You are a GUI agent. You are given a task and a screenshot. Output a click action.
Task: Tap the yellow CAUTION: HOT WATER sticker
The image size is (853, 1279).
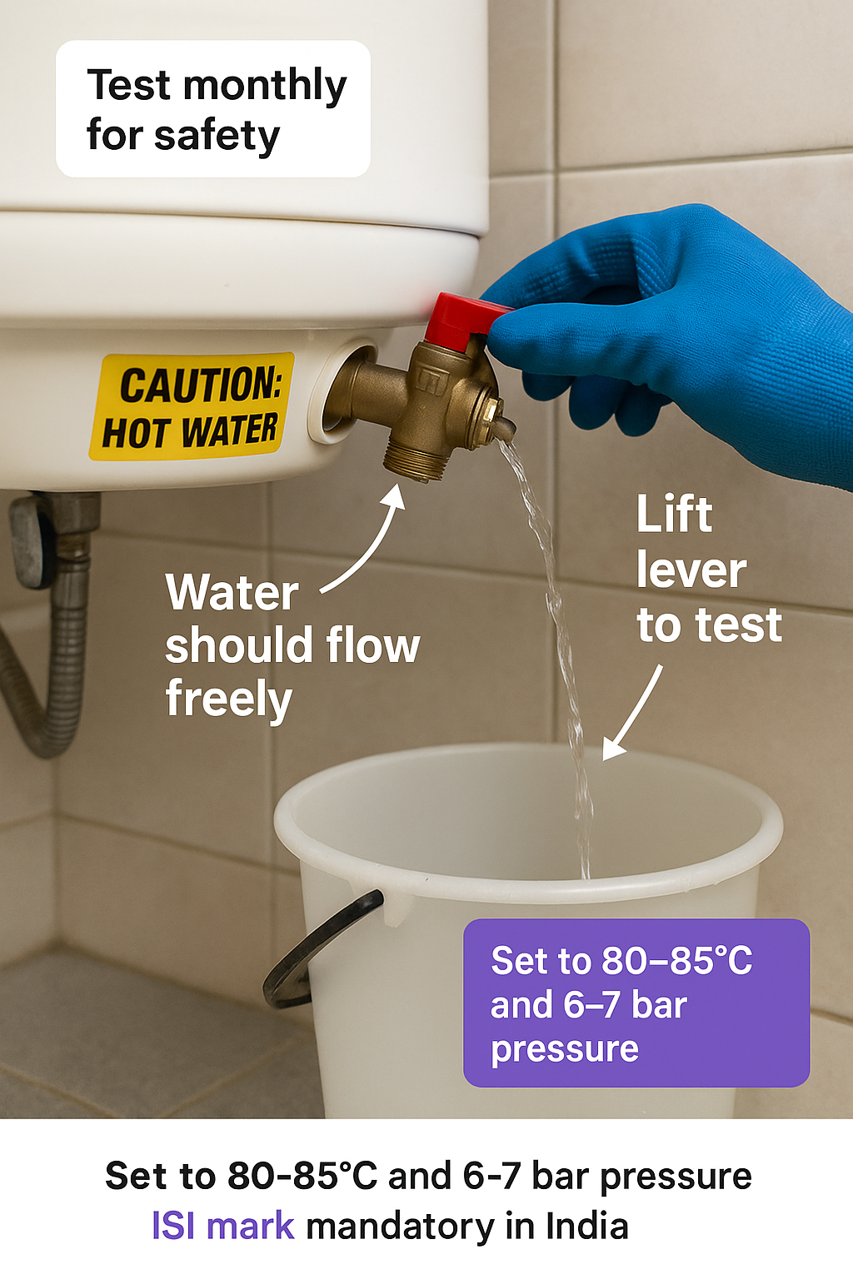pyautogui.click(x=192, y=406)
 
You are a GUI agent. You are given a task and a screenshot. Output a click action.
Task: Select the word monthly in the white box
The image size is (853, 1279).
pyautogui.click(x=265, y=87)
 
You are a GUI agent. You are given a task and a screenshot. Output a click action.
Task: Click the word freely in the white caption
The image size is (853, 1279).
pyautogui.click(x=229, y=699)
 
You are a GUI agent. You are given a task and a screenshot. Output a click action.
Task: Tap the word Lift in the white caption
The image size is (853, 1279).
pyautogui.click(x=675, y=513)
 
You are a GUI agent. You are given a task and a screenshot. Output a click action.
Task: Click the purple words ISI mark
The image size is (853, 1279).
pyautogui.click(x=223, y=1226)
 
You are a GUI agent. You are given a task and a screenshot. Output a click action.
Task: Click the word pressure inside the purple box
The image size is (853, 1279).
pyautogui.click(x=565, y=1049)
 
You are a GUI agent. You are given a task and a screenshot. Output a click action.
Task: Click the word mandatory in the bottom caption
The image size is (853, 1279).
pyautogui.click(x=400, y=1227)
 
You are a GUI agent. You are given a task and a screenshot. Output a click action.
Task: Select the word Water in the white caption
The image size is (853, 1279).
pyautogui.click(x=232, y=593)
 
